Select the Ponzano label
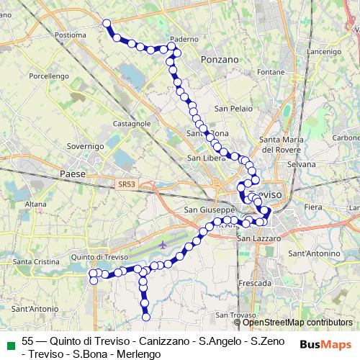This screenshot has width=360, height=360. [x=220, y=60]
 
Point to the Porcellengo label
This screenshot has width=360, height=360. [x=49, y=76]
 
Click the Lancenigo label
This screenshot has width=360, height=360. [x=323, y=53]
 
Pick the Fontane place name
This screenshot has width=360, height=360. [x=271, y=72]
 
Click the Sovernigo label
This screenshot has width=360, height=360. [x=86, y=146]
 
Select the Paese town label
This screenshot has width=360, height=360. [x=73, y=174]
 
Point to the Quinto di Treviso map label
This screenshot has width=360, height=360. [x=99, y=257]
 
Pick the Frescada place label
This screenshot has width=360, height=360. [x=254, y=284]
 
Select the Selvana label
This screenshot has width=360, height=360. [x=301, y=165]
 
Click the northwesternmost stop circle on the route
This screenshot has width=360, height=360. [x=107, y=24]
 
